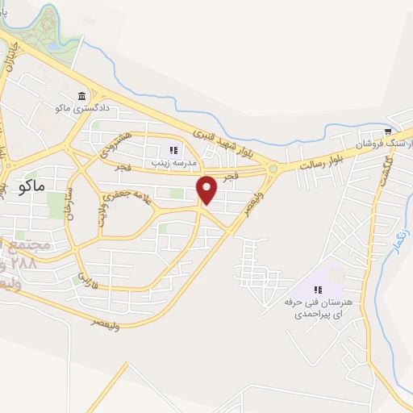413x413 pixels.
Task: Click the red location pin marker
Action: [x=207, y=190]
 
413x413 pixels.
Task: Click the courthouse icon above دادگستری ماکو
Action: [x=81, y=96]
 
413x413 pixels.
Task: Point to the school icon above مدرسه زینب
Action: [x=172, y=149]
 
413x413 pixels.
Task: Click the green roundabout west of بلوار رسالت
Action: [x=274, y=169]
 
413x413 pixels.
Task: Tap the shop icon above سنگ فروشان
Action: [x=388, y=131]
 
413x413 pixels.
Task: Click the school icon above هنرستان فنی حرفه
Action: [x=318, y=289]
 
